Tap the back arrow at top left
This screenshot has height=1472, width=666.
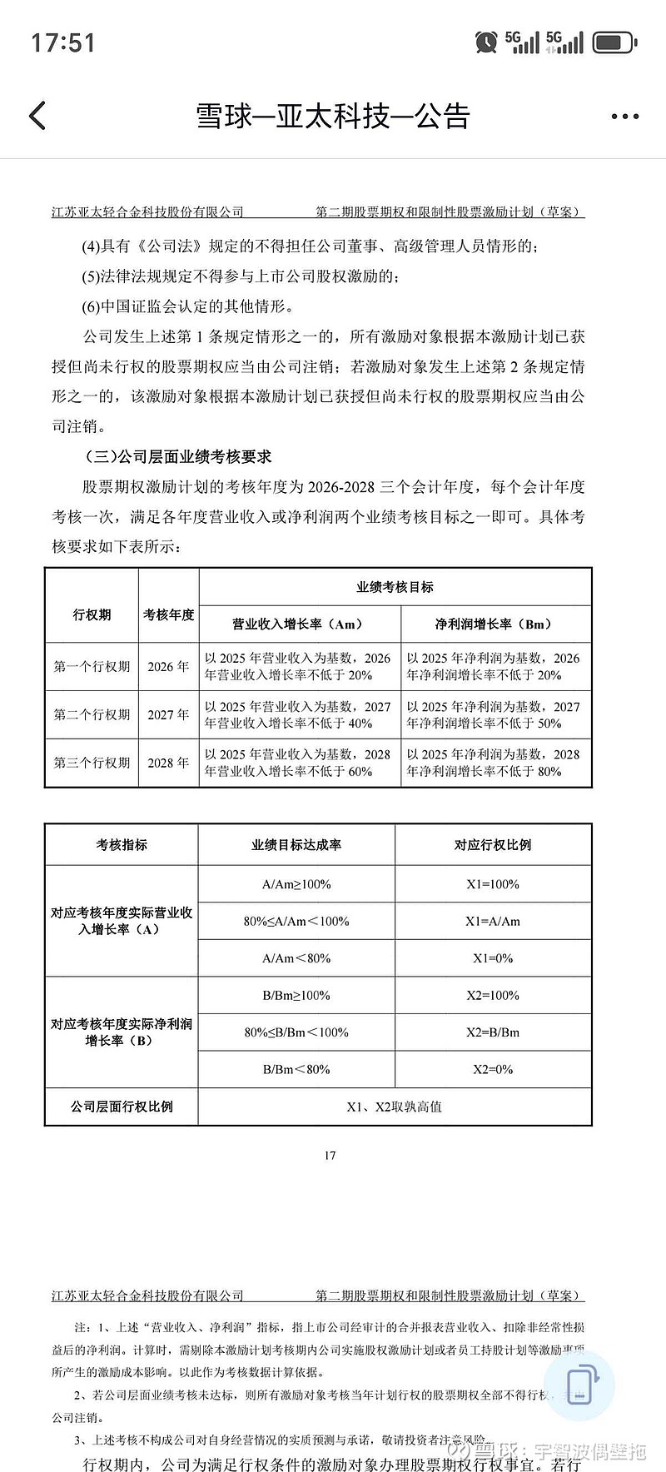[x=37, y=116]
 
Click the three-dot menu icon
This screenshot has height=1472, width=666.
[x=624, y=117]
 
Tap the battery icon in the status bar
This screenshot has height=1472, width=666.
[x=615, y=42]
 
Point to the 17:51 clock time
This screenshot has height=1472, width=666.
[x=63, y=42]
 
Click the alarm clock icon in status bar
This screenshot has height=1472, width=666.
[x=486, y=42]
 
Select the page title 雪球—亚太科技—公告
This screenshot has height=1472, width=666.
[x=333, y=117]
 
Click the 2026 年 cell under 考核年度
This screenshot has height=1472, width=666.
[x=168, y=666]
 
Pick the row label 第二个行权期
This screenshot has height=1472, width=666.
[x=92, y=714]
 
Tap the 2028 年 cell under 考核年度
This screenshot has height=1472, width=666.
[x=168, y=763]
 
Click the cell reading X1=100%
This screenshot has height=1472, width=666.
[x=493, y=884]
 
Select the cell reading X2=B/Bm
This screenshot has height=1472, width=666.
[x=493, y=1032]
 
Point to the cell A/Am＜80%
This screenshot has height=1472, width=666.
[x=296, y=958]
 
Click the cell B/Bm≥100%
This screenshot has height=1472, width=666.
[x=296, y=996]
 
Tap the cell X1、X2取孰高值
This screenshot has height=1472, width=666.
[x=395, y=1106]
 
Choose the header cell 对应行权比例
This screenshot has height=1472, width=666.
[x=493, y=844]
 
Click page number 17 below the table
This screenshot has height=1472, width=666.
[x=331, y=1155]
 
